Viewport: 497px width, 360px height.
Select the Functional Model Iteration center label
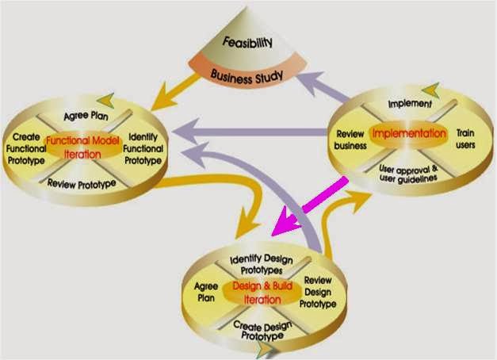(x=83, y=147)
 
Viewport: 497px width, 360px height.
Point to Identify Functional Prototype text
(x=144, y=148)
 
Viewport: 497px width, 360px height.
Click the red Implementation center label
(x=408, y=132)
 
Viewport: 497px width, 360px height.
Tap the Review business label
(x=350, y=140)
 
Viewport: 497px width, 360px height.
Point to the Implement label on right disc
(x=410, y=104)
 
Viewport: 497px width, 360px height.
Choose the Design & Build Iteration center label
(x=258, y=293)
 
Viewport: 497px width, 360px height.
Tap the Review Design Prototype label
(x=318, y=293)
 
